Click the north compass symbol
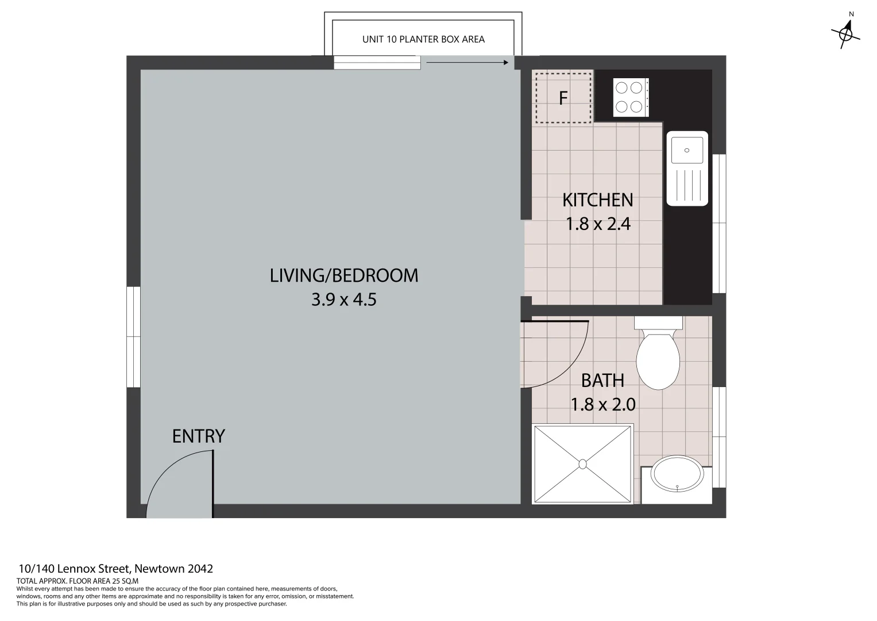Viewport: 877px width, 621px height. [845, 34]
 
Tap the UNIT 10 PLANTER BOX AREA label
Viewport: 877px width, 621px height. [423, 39]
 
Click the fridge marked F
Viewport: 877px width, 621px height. [563, 98]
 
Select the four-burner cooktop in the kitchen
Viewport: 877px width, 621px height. [631, 98]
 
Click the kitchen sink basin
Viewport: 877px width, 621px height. [687, 149]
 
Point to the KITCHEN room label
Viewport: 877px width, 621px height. [597, 200]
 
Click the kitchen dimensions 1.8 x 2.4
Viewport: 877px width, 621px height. [598, 224]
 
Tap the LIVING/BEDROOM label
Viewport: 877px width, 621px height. [344, 275]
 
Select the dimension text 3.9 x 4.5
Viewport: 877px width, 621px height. [344, 300]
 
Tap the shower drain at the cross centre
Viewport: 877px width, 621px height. [582, 464]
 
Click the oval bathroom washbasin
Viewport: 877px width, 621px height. [677, 474]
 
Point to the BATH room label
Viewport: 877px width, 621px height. [602, 380]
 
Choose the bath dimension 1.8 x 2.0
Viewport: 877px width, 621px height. [603, 405]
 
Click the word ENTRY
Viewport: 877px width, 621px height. [199, 436]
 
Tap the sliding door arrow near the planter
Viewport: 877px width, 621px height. [467, 62]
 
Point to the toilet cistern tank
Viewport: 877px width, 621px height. [658, 323]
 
